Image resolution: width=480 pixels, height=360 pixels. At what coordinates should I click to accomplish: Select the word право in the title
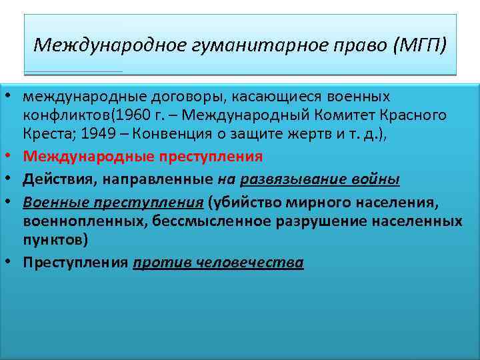coord(354,45)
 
